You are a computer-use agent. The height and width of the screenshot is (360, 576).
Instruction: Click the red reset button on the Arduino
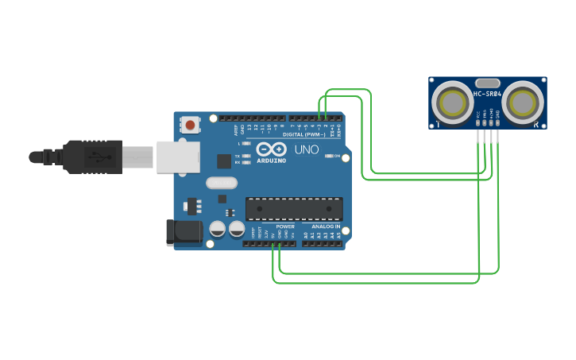click(191, 124)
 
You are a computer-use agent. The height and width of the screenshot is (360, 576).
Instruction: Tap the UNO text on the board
click(307, 149)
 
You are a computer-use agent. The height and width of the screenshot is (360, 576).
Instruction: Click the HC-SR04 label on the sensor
click(487, 95)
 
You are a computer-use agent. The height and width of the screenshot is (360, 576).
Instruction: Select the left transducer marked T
click(452, 102)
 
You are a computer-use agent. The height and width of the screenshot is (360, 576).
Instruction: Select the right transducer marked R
click(523, 102)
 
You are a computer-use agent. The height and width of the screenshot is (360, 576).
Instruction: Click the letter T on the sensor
click(436, 125)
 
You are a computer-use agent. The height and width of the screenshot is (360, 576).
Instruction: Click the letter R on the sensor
click(537, 125)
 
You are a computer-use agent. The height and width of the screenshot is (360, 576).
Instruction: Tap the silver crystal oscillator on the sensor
click(487, 83)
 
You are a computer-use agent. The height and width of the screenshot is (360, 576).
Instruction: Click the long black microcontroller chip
click(294, 208)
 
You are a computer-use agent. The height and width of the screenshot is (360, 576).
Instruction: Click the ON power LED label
click(338, 156)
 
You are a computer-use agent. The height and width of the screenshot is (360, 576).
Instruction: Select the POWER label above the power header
click(284, 226)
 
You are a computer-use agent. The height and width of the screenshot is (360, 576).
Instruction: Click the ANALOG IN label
click(321, 226)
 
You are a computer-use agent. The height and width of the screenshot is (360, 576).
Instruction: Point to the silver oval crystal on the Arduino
click(222, 183)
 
